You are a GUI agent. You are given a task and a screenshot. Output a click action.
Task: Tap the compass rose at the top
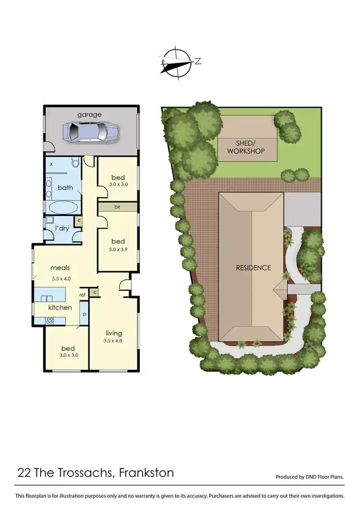click(x=178, y=61)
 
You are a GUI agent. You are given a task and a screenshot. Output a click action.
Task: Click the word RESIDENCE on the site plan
click(x=253, y=268)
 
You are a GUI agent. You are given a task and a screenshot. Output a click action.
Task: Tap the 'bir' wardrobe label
click(x=117, y=207)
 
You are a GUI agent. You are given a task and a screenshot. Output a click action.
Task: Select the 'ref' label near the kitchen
click(x=83, y=295)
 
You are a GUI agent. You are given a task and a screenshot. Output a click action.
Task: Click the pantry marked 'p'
click(x=84, y=314)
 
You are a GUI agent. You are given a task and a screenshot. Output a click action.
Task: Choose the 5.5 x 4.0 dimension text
click(x=61, y=278)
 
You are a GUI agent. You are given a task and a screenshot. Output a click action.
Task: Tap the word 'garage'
click(x=90, y=115)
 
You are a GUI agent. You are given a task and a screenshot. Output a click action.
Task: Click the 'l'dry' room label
click(x=62, y=228)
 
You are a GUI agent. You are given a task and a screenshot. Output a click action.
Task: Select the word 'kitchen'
click(x=60, y=307)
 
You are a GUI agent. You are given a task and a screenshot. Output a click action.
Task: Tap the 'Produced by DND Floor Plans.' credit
click(x=310, y=477)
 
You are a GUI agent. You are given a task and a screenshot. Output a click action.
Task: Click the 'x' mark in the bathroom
click(x=51, y=164)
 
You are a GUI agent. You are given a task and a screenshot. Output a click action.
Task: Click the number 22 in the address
click(x=23, y=473)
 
